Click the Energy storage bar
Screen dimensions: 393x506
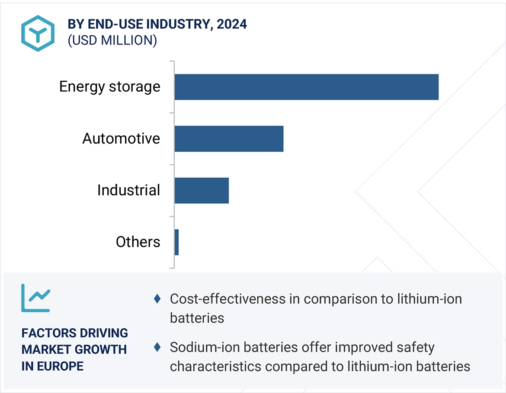(x=306, y=87)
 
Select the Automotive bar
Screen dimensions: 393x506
(x=229, y=139)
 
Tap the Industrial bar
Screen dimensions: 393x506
(x=202, y=191)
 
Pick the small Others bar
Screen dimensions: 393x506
(x=176, y=242)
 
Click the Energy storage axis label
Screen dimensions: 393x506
(x=109, y=87)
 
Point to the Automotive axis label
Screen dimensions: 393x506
(x=121, y=139)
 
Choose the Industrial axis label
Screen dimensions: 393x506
(x=128, y=191)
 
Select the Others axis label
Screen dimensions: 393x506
(x=138, y=242)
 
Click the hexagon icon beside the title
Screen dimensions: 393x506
(x=38, y=33)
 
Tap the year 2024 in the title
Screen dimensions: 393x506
(x=232, y=24)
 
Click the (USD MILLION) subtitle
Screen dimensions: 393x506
(x=112, y=40)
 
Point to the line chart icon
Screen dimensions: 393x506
(x=35, y=298)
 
